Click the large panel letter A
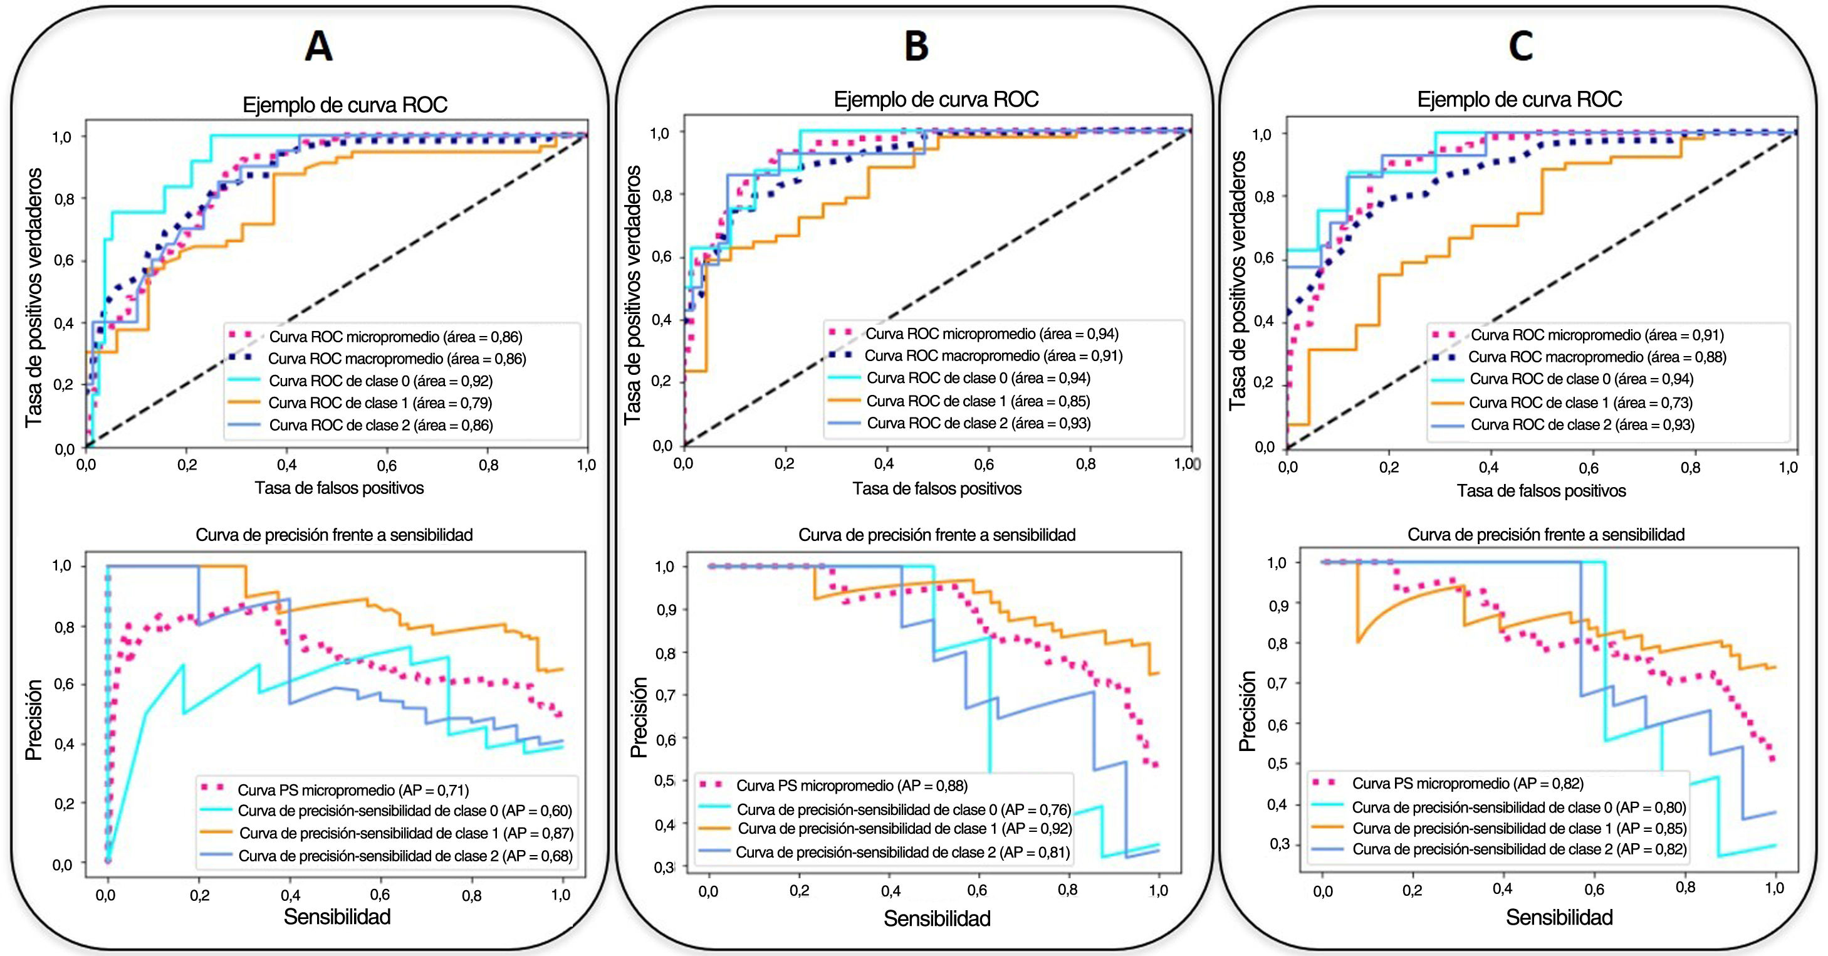318,47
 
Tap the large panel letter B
916,47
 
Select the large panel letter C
1521,47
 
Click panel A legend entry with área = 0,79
380,403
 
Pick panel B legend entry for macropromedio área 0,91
993,355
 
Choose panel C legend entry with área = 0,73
1580,403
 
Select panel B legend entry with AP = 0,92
904,829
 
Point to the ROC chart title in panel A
345,105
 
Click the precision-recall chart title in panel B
937,535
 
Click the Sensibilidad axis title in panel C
1559,917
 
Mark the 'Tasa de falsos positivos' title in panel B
937,488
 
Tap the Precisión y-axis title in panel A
34,720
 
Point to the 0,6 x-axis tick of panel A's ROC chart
387,466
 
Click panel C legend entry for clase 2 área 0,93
1582,425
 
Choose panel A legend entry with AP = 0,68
405,856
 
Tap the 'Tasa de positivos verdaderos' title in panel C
1238,280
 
